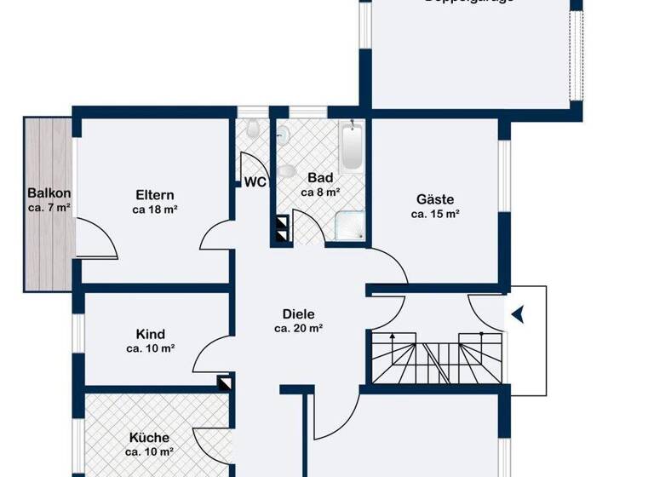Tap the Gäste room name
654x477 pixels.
[435, 199]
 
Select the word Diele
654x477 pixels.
[298, 313]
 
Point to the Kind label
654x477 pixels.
[150, 334]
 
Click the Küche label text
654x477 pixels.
[149, 438]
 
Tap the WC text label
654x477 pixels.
[255, 181]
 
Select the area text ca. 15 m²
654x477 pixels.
[435, 215]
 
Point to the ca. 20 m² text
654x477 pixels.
[298, 328]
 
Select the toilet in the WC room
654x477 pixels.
[253, 130]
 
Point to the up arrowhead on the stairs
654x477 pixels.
[393, 337]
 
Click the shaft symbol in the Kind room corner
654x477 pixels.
[224, 383]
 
